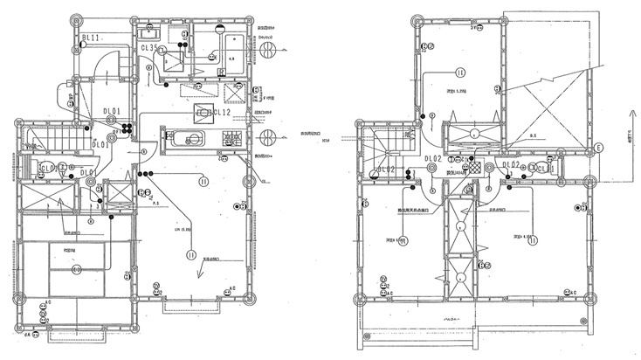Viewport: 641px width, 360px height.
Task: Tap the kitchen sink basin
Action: (x=185, y=138)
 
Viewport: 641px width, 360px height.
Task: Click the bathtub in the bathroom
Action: (x=234, y=46)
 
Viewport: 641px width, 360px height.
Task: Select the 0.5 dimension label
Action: (x=532, y=137)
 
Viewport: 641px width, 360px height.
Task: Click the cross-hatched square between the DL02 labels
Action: (x=474, y=165)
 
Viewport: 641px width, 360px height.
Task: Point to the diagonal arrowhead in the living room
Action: (x=200, y=273)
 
